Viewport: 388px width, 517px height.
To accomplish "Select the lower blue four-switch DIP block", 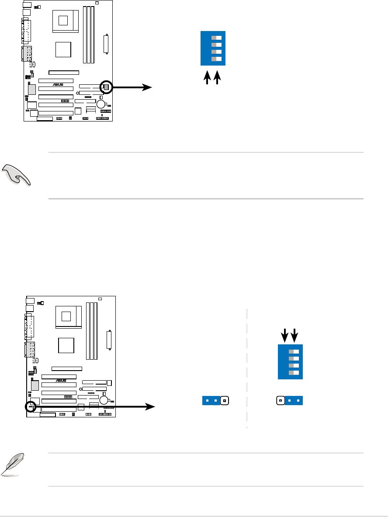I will (x=291, y=361).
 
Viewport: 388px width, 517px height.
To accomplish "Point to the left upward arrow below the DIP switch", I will (x=208, y=78).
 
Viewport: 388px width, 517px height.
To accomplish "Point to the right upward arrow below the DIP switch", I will (x=218, y=78).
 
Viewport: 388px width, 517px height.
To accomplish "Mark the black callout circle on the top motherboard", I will (x=106, y=87).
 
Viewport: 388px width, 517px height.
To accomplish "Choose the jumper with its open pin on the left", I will (x=290, y=400).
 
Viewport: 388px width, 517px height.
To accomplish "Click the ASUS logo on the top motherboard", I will (x=59, y=85).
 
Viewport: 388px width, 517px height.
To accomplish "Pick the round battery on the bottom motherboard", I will (x=104, y=400).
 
